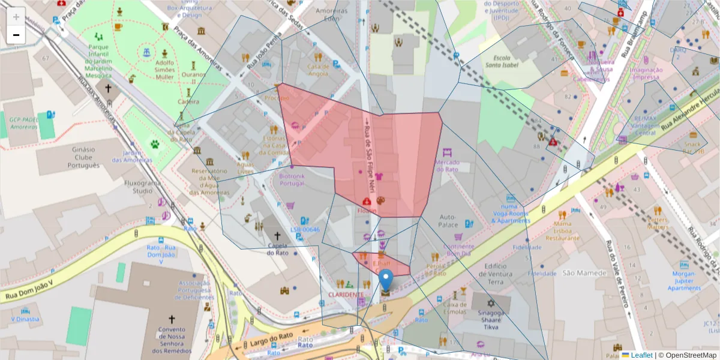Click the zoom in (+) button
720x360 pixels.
[16, 17]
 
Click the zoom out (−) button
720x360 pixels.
[16, 35]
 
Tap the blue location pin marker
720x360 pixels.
[386, 281]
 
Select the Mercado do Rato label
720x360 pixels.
[446, 166]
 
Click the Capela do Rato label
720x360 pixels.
[277, 248]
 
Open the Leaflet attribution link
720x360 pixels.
[641, 355]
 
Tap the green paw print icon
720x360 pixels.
[155, 144]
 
